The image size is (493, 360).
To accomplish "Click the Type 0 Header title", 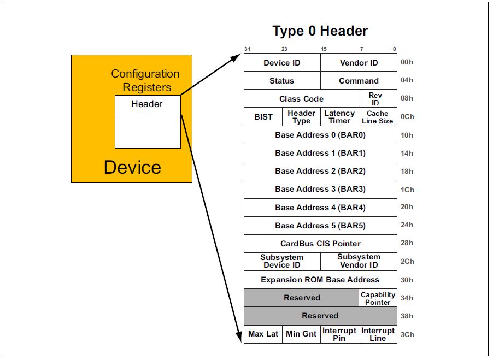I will [320, 31].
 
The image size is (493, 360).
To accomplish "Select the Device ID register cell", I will [282, 63].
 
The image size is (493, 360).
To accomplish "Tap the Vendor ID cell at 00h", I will [359, 63].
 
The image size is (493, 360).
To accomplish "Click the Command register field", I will [359, 81].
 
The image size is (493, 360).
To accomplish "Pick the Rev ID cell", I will [375, 99].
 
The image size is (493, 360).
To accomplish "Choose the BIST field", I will [263, 117].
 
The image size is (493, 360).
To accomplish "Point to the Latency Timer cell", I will [339, 117].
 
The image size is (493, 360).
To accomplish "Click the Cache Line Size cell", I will [378, 117].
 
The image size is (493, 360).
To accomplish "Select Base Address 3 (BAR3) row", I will [320, 189].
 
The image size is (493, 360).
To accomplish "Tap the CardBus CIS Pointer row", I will [320, 243].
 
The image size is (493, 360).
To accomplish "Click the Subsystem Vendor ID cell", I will [359, 261].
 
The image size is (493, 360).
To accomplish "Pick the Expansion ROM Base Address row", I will [320, 280].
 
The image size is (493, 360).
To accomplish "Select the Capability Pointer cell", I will [378, 298].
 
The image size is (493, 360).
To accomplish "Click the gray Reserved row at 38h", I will [320, 316].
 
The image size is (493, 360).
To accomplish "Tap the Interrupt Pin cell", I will [339, 334].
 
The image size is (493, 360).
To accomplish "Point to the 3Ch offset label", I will [407, 334].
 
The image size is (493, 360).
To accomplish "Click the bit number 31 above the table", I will [247, 49].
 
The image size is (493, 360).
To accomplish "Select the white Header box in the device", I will [147, 104].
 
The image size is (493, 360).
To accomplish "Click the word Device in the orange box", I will [133, 167].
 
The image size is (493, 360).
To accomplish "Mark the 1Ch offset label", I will [407, 190].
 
